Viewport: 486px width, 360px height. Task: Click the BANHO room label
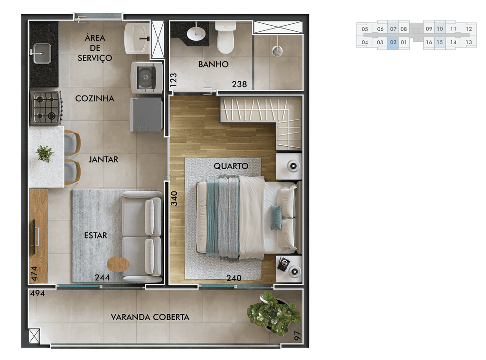[213, 64]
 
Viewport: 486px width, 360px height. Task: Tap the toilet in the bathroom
[225, 38]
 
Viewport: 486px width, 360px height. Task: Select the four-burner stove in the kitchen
[46, 108]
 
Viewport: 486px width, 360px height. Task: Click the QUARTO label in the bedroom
[231, 166]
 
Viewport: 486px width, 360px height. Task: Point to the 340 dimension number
[174, 199]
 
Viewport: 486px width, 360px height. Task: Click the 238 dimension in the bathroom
[239, 84]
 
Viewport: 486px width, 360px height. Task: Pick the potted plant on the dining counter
[45, 153]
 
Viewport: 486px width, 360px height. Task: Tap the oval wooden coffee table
[118, 265]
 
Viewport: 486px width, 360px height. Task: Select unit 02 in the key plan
[393, 42]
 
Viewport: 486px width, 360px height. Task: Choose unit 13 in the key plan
[468, 42]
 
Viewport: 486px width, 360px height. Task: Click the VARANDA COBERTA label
[150, 317]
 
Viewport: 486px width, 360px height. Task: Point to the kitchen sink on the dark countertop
[42, 53]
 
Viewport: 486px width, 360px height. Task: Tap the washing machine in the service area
[147, 77]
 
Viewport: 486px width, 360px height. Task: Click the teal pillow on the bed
[276, 218]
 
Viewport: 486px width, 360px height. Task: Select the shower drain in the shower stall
[277, 51]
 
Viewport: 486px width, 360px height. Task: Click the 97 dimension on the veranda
[298, 336]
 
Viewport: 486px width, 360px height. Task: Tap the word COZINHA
[95, 99]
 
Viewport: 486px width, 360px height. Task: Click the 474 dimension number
[34, 274]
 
